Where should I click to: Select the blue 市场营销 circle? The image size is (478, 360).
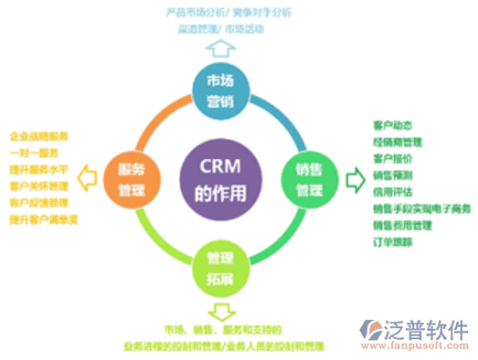[x=220, y=88]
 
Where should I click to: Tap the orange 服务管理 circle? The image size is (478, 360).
[x=127, y=172]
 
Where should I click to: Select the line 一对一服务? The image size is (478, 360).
[x=35, y=153]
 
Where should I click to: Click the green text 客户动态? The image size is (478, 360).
[x=390, y=125]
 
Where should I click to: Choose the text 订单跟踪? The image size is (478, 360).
[x=392, y=242]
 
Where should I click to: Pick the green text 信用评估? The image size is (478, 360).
[x=391, y=192]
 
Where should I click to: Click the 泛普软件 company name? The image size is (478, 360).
[x=430, y=329]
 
